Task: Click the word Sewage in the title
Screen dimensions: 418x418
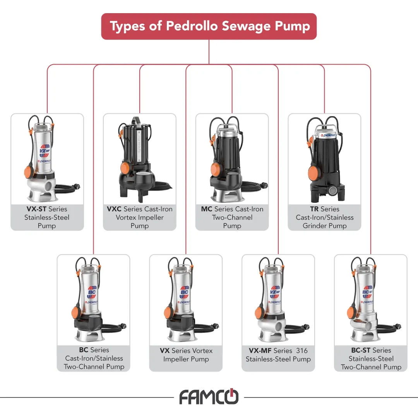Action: click(x=246, y=26)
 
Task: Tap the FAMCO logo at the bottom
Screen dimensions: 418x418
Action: click(x=209, y=397)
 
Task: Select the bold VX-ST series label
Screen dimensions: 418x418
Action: click(x=36, y=209)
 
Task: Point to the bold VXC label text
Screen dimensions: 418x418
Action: click(x=114, y=209)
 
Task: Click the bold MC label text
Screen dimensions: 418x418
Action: click(x=207, y=209)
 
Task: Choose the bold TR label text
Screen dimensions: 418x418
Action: click(x=314, y=209)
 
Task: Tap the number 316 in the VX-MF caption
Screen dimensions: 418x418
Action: click(x=302, y=350)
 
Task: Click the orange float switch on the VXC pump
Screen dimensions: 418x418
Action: click(x=125, y=168)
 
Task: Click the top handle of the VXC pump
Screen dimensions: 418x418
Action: click(x=135, y=120)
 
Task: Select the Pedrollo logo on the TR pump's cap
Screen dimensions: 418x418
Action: click(x=328, y=135)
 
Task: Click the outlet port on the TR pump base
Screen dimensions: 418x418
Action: click(x=333, y=190)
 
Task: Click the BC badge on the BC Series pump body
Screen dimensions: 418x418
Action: click(x=92, y=292)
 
